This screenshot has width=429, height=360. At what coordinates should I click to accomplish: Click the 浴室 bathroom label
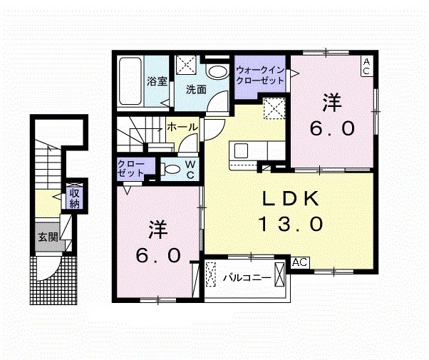pos(157,81)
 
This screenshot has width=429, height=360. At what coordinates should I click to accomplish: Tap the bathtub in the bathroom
pos(130,81)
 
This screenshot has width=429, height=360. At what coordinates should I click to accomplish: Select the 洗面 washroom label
pos(196,90)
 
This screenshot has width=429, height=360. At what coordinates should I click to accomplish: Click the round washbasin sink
pos(218,72)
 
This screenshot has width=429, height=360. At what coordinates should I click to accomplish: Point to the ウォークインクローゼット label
pos(260,75)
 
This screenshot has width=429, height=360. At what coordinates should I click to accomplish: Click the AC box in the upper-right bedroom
pos(366,66)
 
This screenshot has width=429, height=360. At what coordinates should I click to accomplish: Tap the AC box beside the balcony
pos(300,262)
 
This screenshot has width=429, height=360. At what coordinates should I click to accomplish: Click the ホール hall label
pos(182,127)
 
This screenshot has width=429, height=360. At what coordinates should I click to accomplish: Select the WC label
pos(190,170)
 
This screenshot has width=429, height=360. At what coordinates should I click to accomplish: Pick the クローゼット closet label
pos(131,169)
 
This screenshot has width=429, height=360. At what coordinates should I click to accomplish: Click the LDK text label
pos(291,199)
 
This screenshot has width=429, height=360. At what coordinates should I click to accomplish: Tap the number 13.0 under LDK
pos(291,224)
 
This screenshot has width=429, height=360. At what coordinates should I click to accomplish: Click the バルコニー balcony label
pos(247,278)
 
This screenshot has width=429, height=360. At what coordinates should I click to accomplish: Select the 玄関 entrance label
pos(48,237)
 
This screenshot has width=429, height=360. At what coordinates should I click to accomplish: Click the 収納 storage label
pos(74,198)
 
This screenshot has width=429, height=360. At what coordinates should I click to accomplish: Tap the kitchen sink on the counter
pos(241,150)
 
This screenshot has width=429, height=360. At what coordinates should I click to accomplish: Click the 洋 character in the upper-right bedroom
pos(332,103)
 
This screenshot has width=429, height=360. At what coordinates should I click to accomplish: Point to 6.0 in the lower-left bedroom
pos(159,256)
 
